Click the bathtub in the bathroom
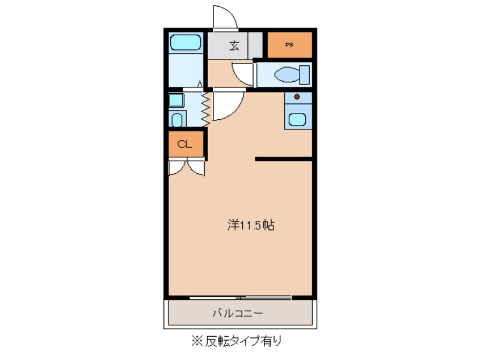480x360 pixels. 185,43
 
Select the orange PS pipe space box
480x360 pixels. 289,45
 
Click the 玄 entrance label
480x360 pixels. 233,46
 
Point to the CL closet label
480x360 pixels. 185,144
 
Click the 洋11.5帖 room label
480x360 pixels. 251,225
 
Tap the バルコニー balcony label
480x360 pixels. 238,313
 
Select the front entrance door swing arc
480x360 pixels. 225,18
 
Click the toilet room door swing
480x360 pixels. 242,74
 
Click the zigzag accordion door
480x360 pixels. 205,109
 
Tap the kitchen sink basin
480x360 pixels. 297,119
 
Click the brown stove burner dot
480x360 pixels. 297,97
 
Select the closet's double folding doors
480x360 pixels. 186,168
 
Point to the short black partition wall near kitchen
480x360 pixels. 284,160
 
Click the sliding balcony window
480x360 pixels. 241,297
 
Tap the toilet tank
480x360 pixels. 305,74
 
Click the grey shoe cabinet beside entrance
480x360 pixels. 256,45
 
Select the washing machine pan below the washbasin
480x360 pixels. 178,119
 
